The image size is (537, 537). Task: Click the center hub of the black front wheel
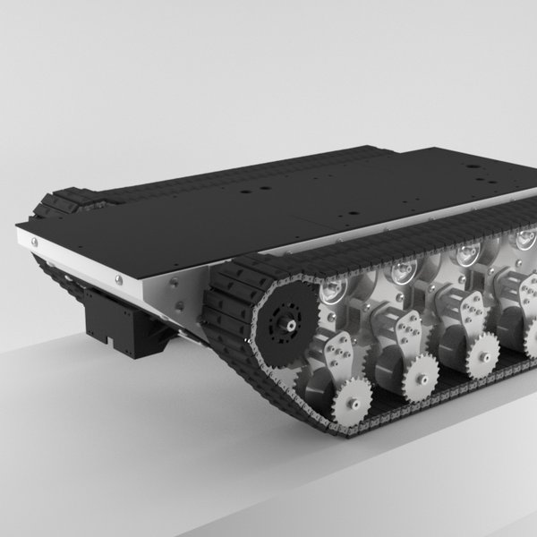[289, 328]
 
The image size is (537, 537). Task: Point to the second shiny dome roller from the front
[402, 270]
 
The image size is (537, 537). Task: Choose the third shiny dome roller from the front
[466, 254]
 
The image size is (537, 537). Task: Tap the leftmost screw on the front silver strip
[34, 240]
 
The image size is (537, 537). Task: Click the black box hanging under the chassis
[116, 322]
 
